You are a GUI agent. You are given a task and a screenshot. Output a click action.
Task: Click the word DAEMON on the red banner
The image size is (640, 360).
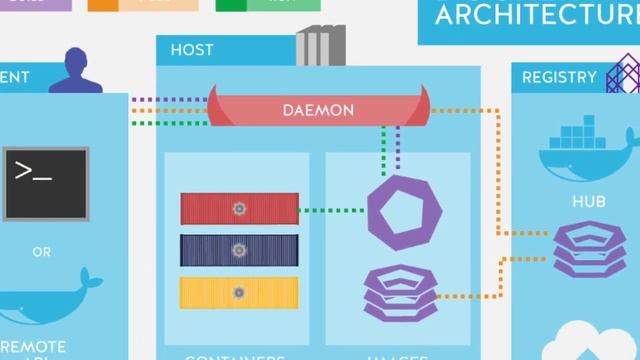[318, 109]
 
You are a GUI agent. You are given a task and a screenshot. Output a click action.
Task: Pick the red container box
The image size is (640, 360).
[239, 209]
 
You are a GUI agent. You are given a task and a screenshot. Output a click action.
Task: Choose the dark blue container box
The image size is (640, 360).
[239, 250]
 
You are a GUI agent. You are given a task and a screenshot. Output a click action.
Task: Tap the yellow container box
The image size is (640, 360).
[239, 292]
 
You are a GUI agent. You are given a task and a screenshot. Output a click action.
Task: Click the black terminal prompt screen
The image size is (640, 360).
[45, 183]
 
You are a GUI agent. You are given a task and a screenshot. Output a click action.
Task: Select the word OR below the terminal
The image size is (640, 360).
[42, 252]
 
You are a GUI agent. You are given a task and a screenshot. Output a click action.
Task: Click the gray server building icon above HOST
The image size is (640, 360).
[319, 46]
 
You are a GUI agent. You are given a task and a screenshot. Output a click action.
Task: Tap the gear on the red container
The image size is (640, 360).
[239, 209]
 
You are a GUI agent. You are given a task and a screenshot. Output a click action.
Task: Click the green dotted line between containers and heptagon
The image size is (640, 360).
[333, 210]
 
